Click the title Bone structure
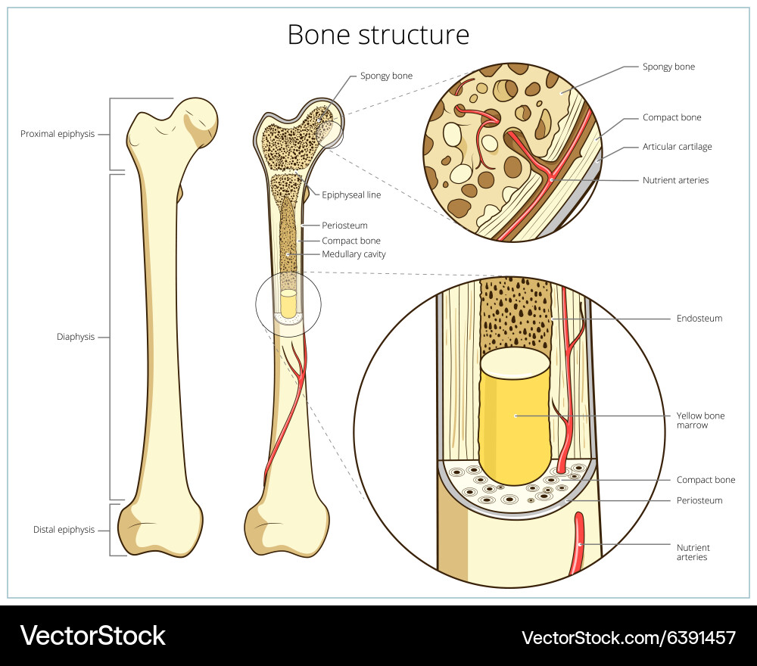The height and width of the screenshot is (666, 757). [x=378, y=35]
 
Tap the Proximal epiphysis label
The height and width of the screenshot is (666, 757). [x=58, y=134]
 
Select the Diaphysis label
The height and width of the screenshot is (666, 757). [x=76, y=337]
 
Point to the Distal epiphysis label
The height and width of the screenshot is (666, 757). [x=64, y=530]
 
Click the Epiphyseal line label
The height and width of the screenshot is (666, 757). [x=351, y=195]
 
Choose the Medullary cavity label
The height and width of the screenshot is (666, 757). [x=354, y=254]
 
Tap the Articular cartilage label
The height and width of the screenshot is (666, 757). [x=677, y=147]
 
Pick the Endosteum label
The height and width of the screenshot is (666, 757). [x=699, y=319]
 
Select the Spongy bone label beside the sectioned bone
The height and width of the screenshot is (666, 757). [x=386, y=76]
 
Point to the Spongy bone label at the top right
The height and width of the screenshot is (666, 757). [x=668, y=67]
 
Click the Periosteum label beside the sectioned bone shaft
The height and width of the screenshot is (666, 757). [x=344, y=226]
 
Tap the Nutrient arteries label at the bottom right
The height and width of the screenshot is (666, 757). [x=693, y=552]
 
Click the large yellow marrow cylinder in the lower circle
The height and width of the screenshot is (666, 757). [x=515, y=416]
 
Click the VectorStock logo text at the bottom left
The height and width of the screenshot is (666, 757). [x=92, y=635]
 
